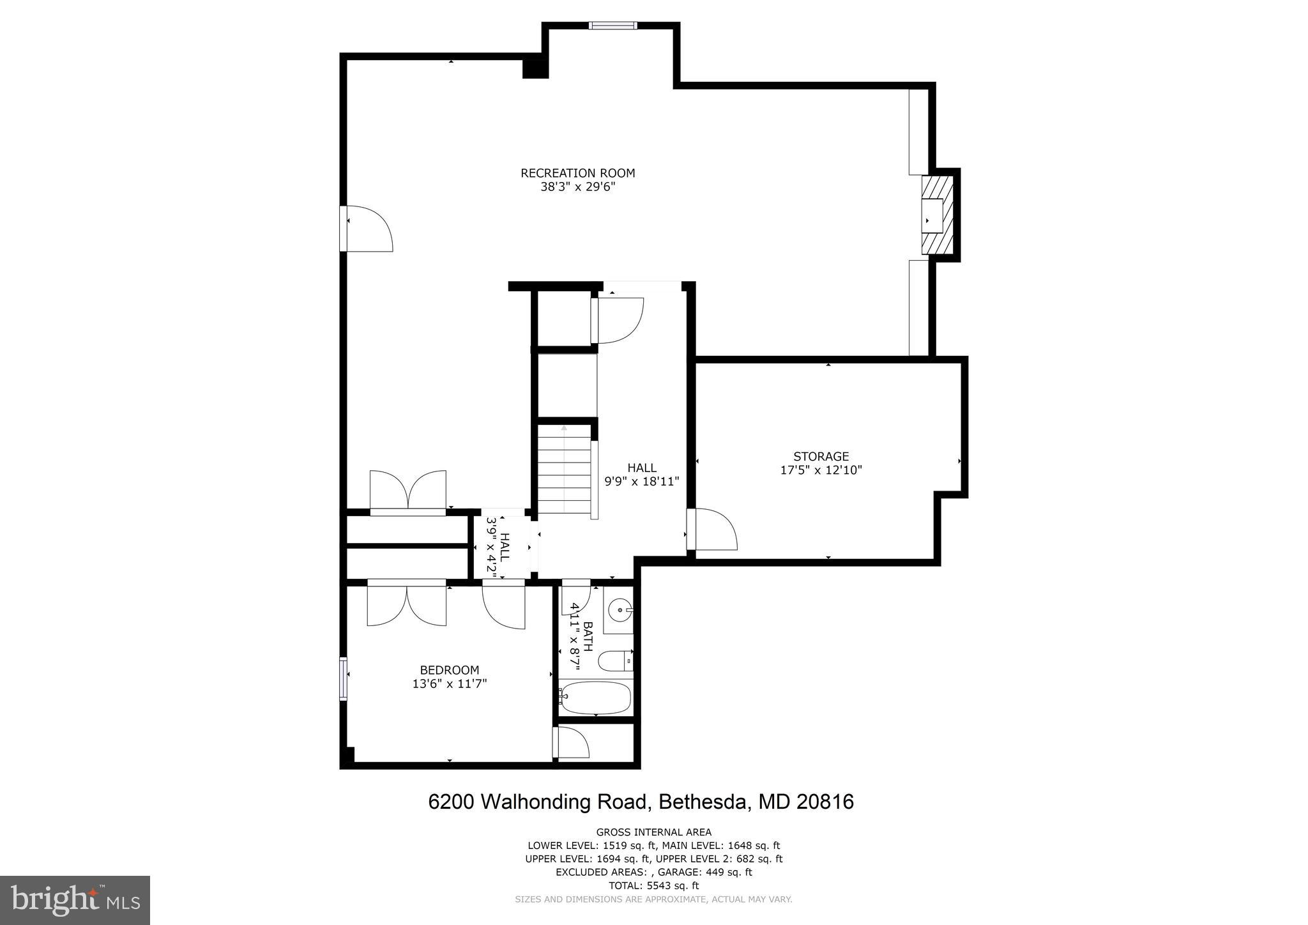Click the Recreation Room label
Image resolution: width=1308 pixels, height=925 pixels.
click(x=577, y=173)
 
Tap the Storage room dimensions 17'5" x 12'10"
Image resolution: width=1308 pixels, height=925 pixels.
click(x=821, y=470)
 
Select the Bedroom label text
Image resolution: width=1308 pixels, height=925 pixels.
click(x=449, y=670)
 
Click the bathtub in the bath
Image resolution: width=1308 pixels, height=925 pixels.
click(x=595, y=698)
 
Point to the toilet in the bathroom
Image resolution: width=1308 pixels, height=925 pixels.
click(x=617, y=661)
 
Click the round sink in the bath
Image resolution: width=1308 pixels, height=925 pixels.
click(x=618, y=610)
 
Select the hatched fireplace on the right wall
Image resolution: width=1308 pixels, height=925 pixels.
click(x=936, y=215)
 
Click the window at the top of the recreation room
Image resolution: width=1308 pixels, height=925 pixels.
click(x=612, y=26)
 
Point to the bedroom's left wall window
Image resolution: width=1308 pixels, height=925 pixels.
click(x=343, y=678)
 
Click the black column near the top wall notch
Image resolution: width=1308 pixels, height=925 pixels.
click(x=535, y=68)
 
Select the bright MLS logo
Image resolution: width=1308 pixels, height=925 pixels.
click(x=75, y=900)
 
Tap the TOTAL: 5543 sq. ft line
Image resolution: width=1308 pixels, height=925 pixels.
click(x=653, y=885)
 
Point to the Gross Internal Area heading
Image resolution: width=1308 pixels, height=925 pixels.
click(x=653, y=832)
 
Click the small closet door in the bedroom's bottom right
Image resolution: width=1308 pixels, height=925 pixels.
click(x=572, y=742)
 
